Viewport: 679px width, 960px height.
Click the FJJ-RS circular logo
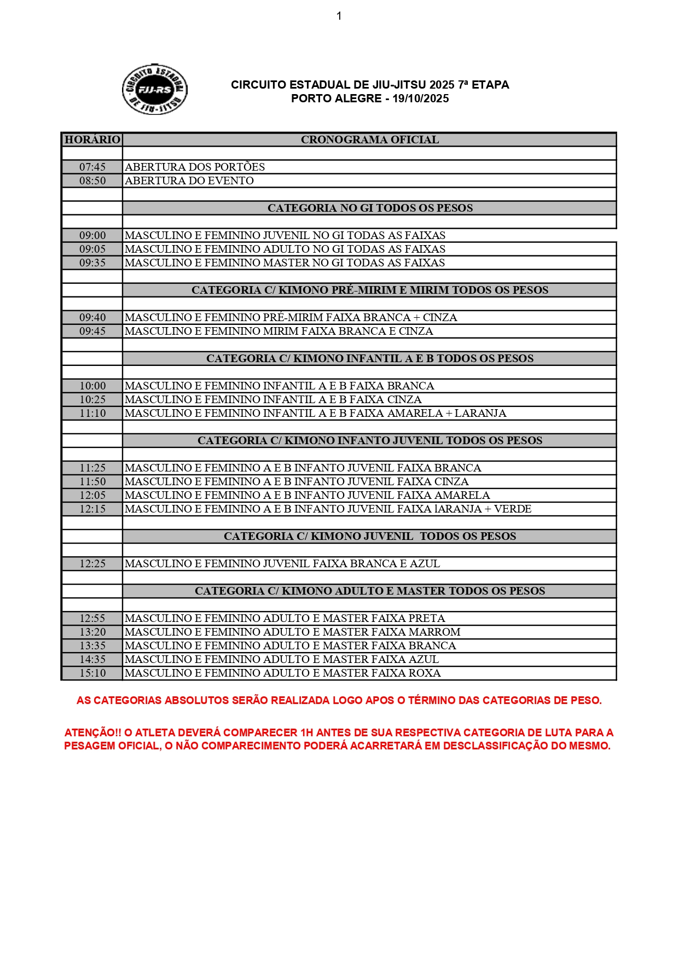tap(154, 90)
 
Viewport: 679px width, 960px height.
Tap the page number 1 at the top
tap(339, 16)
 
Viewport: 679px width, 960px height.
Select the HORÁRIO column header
tap(92, 139)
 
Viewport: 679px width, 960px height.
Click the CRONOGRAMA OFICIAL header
tap(370, 139)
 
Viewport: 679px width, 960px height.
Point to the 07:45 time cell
tap(92, 167)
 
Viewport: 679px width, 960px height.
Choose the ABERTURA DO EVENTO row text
tap(189, 181)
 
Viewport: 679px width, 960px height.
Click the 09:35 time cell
tap(92, 263)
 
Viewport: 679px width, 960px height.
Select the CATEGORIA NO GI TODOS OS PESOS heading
tap(370, 208)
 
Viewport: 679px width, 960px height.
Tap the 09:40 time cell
tap(92, 317)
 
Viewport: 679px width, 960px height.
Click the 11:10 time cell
tap(92, 413)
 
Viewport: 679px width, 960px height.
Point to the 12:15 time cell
tap(92, 509)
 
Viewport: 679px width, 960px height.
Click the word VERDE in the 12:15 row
tap(513, 509)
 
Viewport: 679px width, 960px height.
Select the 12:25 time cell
tap(92, 563)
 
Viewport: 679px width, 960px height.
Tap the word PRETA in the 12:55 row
tap(426, 618)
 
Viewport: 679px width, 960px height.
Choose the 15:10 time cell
tap(92, 673)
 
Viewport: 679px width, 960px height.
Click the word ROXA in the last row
tap(425, 673)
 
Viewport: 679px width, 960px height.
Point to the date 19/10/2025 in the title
tap(420, 98)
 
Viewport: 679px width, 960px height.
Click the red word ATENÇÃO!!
tap(92, 732)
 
